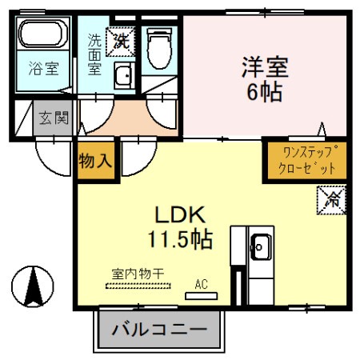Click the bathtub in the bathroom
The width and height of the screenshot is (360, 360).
click(46, 35)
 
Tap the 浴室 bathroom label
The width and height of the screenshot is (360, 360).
click(45, 68)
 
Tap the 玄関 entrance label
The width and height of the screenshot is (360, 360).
click(54, 118)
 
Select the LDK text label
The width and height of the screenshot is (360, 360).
click(180, 214)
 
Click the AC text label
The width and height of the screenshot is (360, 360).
click(201, 282)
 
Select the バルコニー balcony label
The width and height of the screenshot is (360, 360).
click(159, 329)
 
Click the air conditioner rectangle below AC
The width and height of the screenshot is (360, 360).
click(201, 296)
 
